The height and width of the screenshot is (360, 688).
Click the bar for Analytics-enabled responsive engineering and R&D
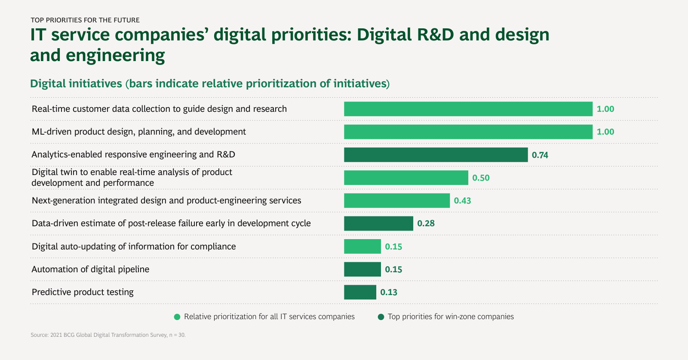click(436, 155)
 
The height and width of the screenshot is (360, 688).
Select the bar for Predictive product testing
click(360, 292)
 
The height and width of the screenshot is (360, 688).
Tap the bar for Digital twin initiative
click(406, 178)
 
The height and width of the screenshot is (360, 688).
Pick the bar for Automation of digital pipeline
click(362, 269)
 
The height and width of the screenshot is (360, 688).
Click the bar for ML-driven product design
click(468, 132)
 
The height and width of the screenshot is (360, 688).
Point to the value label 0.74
click(540, 155)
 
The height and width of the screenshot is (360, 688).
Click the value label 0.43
click(463, 201)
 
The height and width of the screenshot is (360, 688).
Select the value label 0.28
click(426, 224)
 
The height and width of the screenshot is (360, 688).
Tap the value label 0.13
click(389, 292)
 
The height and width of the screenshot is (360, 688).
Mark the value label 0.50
click(481, 178)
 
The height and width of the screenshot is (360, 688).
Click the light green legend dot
click(177, 317)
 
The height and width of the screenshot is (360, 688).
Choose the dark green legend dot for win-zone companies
click(381, 317)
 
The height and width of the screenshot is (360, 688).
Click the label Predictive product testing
click(83, 292)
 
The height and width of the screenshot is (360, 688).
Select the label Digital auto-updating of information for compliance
click(134, 246)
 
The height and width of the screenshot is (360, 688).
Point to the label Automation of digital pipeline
click(91, 269)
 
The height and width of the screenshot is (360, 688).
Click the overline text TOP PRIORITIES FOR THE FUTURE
click(85, 20)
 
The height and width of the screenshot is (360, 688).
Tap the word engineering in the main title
click(115, 55)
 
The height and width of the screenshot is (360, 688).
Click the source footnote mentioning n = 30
click(108, 335)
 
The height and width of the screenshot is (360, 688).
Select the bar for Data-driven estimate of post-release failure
click(378, 224)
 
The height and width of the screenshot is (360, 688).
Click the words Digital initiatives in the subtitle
click(76, 83)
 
